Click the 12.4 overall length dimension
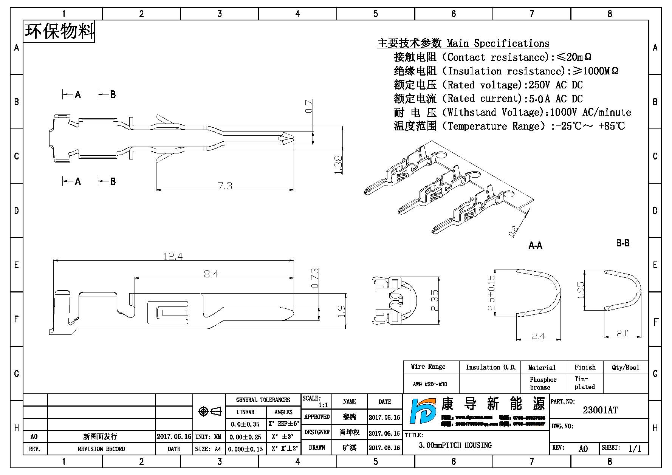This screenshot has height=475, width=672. (173, 256)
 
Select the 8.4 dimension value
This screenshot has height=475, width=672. (211, 274)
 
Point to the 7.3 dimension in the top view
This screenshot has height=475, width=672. (225, 186)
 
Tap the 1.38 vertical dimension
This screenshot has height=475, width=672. (338, 165)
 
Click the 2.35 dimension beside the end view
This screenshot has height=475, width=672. (434, 300)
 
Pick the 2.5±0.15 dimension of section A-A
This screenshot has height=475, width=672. (491, 293)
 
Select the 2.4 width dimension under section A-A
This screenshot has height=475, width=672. (538, 336)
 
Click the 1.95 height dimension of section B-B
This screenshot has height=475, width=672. (581, 290)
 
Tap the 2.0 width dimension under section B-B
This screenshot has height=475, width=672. (622, 333)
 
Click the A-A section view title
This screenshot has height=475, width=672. (535, 246)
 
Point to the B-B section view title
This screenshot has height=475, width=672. (622, 243)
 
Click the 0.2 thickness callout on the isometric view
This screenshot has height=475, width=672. (513, 231)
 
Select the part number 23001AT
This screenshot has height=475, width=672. (600, 410)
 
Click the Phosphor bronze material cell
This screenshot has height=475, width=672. (543, 383)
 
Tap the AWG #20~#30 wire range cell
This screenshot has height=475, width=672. (430, 384)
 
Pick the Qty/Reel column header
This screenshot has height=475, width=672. (626, 367)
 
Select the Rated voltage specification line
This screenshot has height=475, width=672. (488, 85)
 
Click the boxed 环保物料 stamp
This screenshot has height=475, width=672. (59, 31)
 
